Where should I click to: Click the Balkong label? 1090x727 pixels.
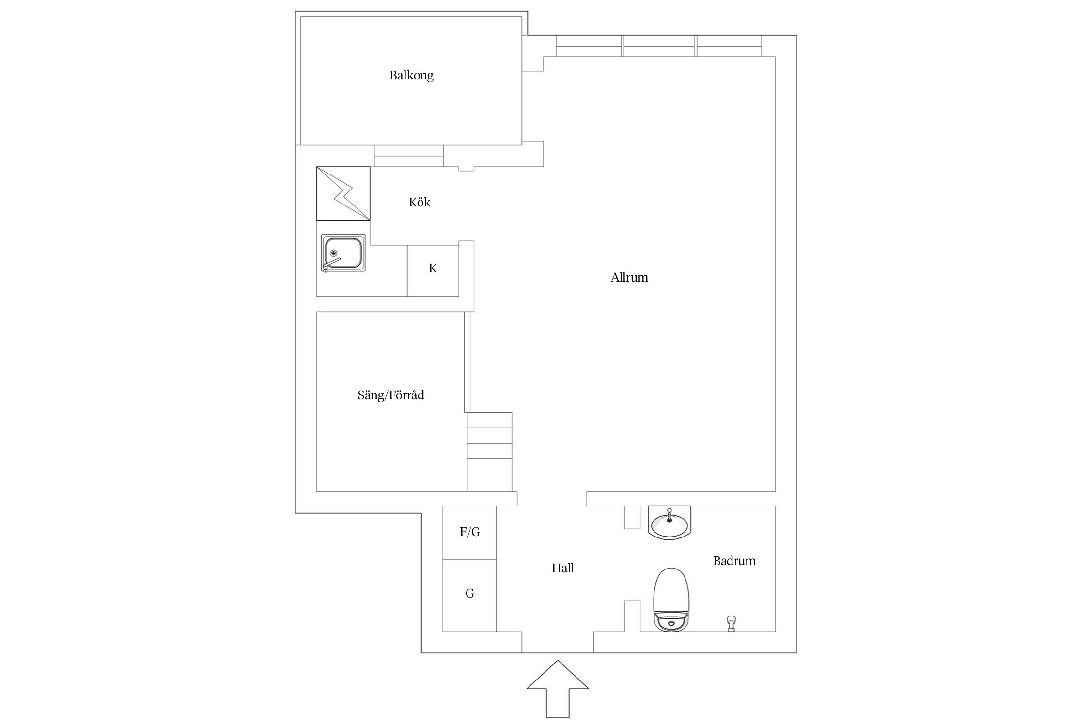411,76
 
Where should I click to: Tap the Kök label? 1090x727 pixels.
420,202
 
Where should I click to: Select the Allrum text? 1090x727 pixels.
629,277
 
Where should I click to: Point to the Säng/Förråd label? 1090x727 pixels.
391,395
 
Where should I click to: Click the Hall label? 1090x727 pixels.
562,568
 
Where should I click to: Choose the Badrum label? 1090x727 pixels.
734,561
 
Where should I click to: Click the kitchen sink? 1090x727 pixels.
343,253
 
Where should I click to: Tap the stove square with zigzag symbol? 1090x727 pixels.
343,193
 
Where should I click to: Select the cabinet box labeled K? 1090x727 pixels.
433,270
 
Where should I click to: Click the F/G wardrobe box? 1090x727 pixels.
469,532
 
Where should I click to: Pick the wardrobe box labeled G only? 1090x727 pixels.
469,595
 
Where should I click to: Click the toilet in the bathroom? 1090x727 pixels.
671,600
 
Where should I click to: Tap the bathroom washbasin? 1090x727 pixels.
670,522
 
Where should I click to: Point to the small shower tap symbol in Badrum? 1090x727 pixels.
732,623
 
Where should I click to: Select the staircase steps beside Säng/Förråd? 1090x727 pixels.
490,452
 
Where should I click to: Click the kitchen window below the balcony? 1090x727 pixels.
409,156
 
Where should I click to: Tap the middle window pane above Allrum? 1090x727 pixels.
659,46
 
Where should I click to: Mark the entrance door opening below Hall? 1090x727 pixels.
558,642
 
